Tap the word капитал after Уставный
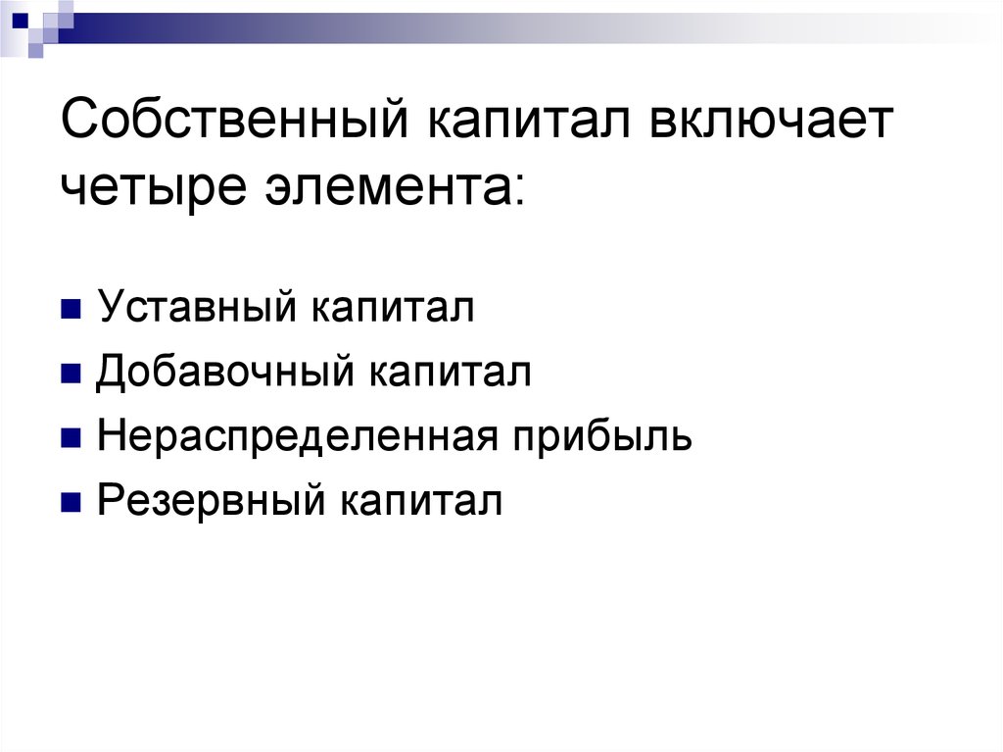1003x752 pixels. [394, 307]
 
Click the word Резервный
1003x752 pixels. [212, 502]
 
